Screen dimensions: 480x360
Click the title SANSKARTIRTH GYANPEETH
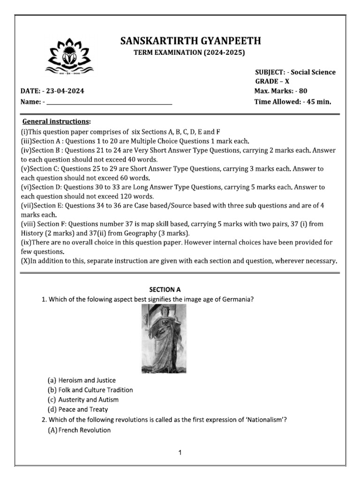(x=190, y=41)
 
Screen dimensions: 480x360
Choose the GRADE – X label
(x=272, y=81)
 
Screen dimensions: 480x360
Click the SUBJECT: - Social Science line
(x=295, y=72)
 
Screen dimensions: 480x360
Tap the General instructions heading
(x=57, y=121)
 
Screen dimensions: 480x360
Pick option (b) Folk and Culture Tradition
(x=90, y=390)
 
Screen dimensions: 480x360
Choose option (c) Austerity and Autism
(x=83, y=400)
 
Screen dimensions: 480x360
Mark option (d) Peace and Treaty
(x=77, y=410)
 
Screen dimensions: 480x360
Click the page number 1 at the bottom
(x=180, y=453)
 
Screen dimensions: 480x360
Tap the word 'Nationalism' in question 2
(x=265, y=420)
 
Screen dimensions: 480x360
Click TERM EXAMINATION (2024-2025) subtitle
(x=190, y=53)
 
